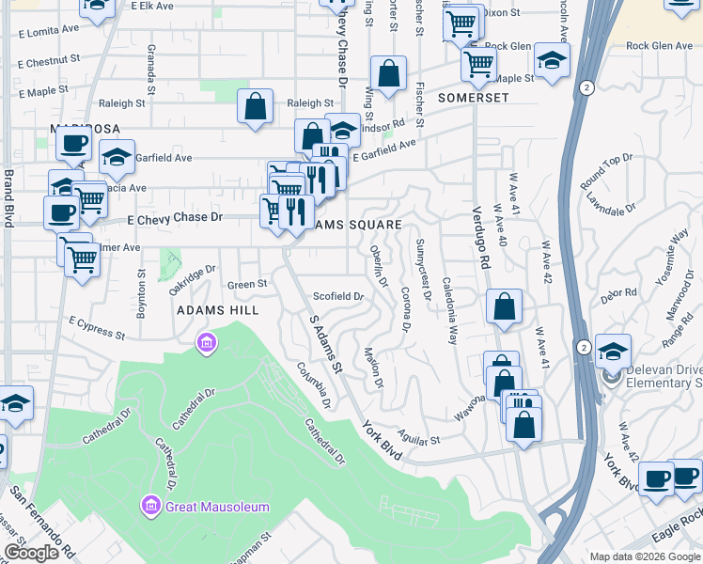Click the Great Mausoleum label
pyautogui.click(x=217, y=507)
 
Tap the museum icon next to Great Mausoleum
pyautogui.click(x=149, y=507)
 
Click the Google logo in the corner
pyautogui.click(x=31, y=553)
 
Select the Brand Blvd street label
pyautogui.click(x=8, y=197)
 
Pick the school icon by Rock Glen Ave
pyautogui.click(x=553, y=61)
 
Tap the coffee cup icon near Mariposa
pyautogui.click(x=72, y=144)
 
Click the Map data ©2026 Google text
pyautogui.click(x=643, y=556)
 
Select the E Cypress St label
pyautogui.click(x=97, y=327)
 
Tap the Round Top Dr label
pyautogui.click(x=607, y=174)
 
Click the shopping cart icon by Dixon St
pyautogui.click(x=461, y=23)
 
